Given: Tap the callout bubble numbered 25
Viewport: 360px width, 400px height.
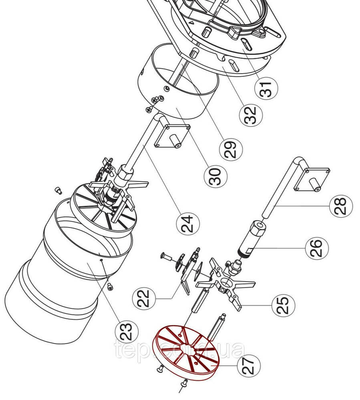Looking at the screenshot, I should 284,305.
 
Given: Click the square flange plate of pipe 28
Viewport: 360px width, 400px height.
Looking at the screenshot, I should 312,179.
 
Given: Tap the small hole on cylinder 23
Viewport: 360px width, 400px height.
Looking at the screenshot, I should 102,260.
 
